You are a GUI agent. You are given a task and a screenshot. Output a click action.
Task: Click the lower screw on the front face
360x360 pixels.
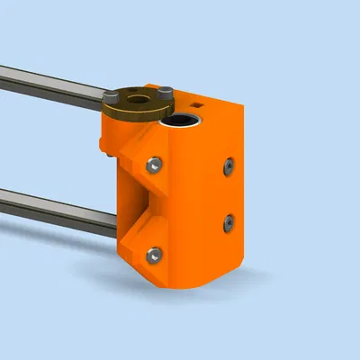tap(155, 255)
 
